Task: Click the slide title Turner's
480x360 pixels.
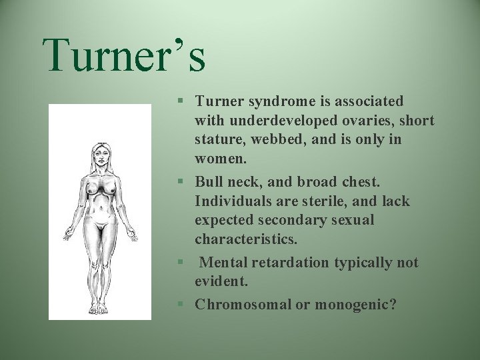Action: click(x=124, y=55)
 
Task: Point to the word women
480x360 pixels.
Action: click(x=220, y=160)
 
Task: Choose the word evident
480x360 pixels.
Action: click(x=221, y=282)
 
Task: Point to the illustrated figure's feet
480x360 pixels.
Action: click(x=99, y=308)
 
